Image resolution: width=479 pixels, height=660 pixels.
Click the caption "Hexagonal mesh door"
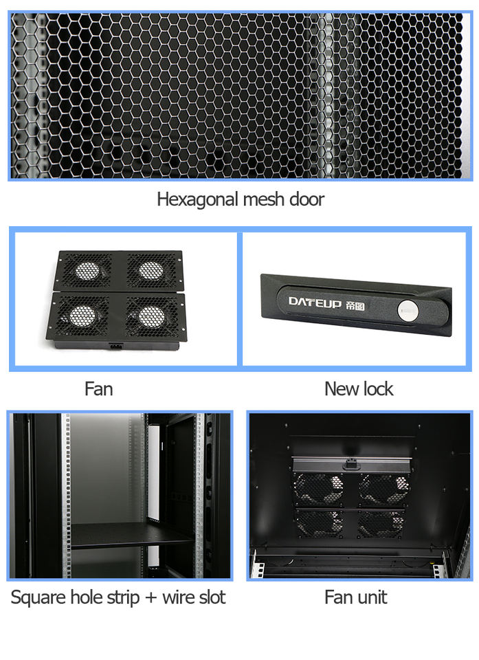tap(240, 200)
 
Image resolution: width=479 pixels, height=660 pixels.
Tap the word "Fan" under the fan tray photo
tap(98, 389)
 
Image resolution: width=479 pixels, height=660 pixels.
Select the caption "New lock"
tap(358, 389)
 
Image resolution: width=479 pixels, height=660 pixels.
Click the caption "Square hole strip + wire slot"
tap(118, 597)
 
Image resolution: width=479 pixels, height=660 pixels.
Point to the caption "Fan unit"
tap(355, 597)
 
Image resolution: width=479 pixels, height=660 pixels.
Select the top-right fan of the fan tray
tap(150, 269)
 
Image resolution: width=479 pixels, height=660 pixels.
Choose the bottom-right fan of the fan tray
tap(152, 316)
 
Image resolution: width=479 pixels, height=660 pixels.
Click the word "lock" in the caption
tap(377, 389)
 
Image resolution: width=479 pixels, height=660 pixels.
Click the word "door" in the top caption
tap(307, 200)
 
